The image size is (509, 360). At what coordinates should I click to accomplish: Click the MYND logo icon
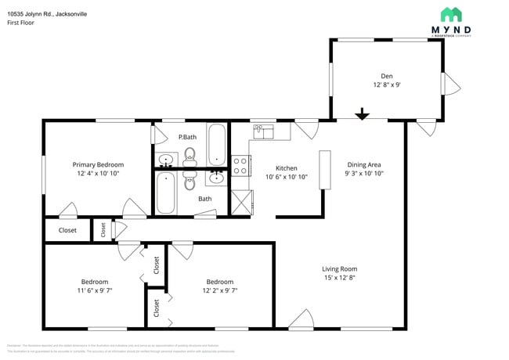[450, 14]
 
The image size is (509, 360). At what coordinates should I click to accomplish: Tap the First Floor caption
[20, 23]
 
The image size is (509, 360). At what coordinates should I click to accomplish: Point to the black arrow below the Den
[361, 115]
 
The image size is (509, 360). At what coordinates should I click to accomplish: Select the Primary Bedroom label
[98, 164]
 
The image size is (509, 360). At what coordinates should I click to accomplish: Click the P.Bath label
[186, 139]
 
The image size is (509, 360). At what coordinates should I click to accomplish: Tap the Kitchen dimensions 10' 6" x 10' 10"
[286, 177]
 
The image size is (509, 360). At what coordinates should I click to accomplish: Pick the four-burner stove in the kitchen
[240, 166]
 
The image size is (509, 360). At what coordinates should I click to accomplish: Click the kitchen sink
[263, 131]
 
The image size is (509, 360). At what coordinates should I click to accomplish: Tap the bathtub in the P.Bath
[216, 145]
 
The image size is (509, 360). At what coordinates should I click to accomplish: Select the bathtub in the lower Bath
[165, 193]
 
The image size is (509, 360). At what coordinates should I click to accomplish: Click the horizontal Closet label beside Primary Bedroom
[67, 230]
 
